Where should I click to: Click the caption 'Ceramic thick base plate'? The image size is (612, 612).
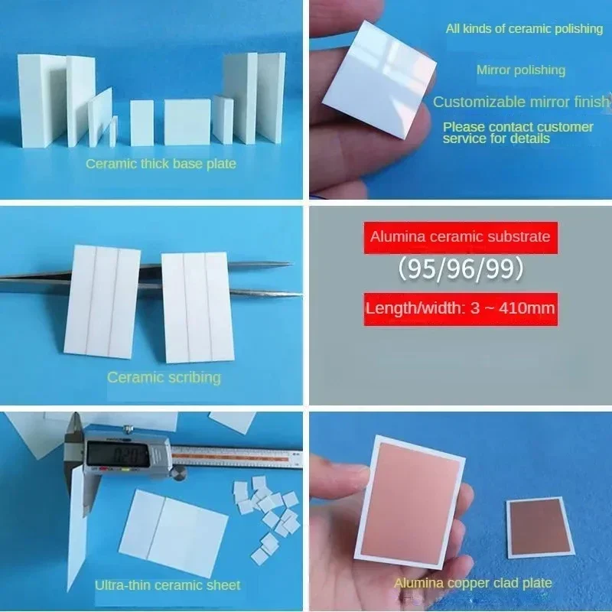(161, 164)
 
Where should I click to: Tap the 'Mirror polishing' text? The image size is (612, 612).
(521, 70)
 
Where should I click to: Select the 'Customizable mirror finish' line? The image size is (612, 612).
(522, 102)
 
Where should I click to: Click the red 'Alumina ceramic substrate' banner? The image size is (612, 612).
(461, 237)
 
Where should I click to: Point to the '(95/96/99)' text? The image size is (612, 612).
(461, 269)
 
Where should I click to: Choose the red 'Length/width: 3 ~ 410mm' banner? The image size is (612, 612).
(461, 309)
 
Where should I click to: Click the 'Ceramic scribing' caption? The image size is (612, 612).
(164, 377)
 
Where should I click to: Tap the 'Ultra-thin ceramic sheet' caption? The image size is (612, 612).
(168, 585)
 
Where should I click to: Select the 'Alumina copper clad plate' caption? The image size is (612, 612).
(473, 583)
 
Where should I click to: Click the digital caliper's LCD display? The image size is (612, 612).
(118, 454)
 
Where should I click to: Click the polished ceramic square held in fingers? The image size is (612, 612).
(379, 79)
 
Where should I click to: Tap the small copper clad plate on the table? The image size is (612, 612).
(541, 528)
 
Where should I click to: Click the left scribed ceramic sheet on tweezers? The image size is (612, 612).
(103, 301)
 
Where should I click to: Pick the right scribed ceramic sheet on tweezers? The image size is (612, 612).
(198, 308)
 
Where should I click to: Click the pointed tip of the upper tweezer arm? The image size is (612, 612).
(291, 264)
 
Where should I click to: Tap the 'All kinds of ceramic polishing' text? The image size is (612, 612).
(524, 29)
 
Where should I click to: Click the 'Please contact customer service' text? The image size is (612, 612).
(518, 132)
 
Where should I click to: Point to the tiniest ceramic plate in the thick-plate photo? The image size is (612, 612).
(113, 130)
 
